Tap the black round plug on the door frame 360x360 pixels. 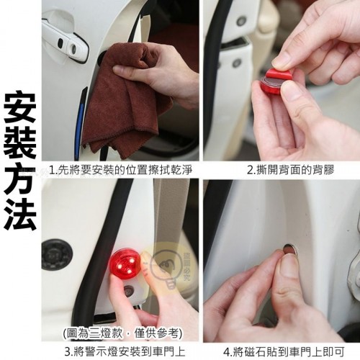tap(57, 253)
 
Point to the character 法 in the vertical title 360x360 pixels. tap(20, 214)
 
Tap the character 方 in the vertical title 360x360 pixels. tap(20, 178)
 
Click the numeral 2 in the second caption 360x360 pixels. tap(251, 170)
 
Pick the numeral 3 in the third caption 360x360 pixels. tap(68, 351)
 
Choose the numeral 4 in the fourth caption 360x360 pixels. tap(227, 351)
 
